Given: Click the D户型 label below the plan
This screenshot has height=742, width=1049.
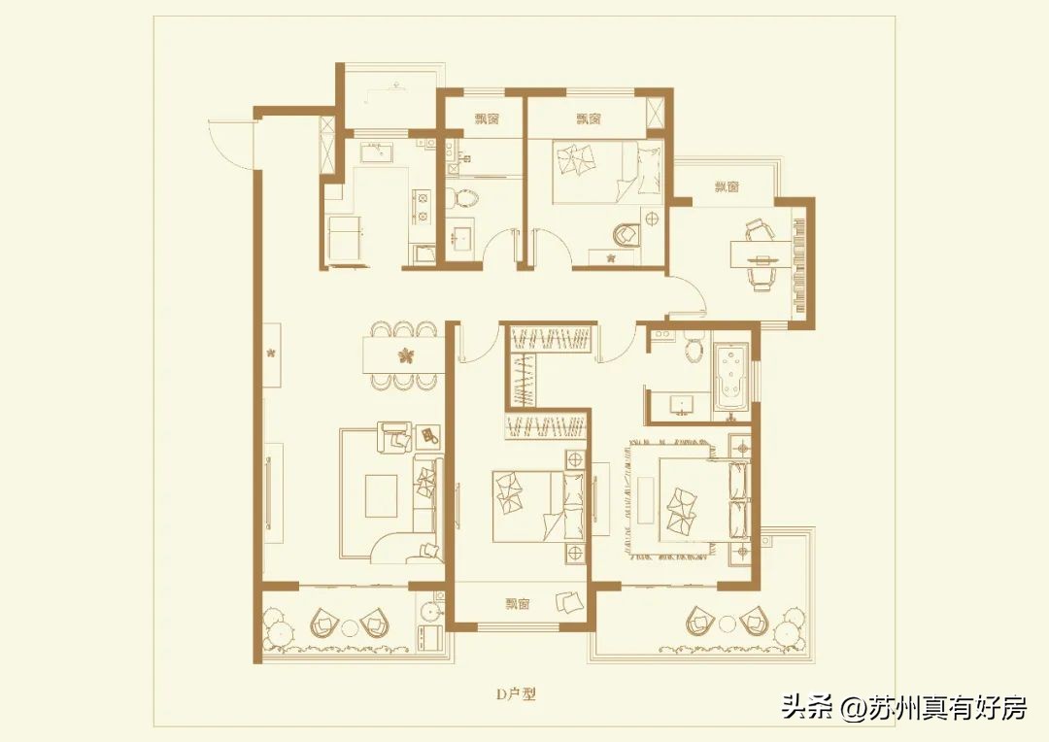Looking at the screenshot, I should (516, 694).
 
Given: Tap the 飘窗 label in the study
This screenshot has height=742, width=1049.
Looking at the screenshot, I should (727, 186).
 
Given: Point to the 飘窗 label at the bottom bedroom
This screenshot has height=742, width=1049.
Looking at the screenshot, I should (517, 604).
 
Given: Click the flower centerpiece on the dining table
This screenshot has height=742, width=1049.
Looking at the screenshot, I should (404, 354).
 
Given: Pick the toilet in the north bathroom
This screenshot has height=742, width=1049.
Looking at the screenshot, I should (466, 199).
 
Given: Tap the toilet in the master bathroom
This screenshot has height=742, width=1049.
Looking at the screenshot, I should (694, 347).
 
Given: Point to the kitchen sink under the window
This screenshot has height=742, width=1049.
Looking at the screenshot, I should (375, 152).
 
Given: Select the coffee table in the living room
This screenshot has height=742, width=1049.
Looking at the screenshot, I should (380, 495).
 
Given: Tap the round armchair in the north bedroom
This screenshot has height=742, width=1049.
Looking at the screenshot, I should (626, 234).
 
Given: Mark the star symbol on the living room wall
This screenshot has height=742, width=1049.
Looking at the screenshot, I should (273, 352).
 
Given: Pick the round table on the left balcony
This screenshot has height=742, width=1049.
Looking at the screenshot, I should (348, 624).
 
